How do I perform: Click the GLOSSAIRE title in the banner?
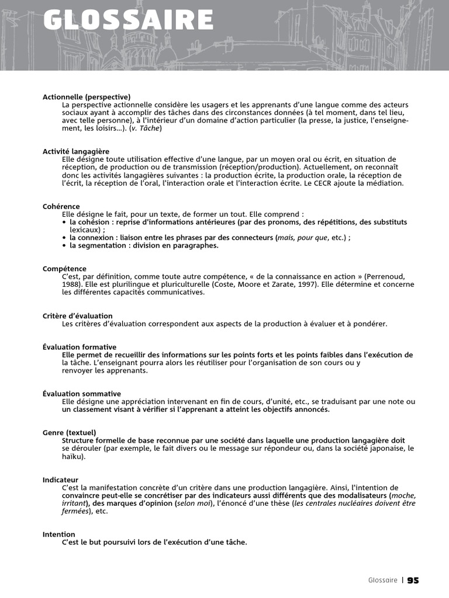(128, 20)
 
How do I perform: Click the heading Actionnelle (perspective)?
(87, 96)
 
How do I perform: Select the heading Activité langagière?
(76, 151)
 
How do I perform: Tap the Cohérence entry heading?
(61, 206)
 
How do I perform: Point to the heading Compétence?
(64, 269)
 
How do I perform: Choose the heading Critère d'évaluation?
(78, 316)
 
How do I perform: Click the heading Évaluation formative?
(80, 347)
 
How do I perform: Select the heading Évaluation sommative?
(82, 394)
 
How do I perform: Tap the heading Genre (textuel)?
(70, 433)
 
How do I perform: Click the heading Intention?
(59, 534)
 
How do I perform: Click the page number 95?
(413, 580)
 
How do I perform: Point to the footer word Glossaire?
(383, 580)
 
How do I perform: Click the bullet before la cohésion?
(64, 222)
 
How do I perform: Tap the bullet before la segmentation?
(64, 246)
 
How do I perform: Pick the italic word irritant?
(75, 503)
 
